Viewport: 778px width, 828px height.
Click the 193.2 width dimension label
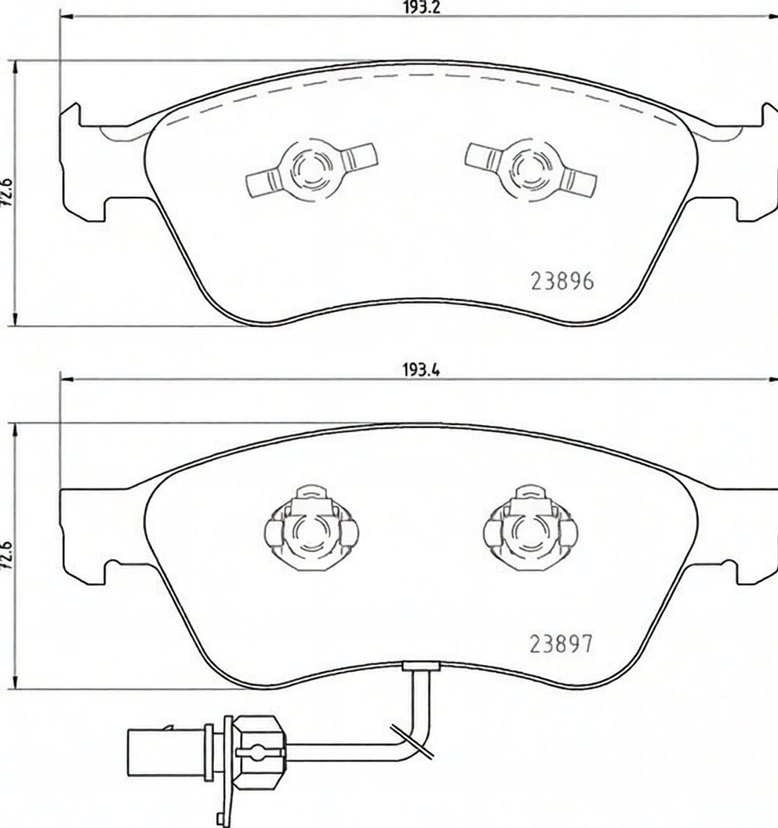421,7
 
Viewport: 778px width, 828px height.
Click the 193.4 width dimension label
421,369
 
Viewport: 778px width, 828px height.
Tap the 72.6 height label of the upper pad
7,193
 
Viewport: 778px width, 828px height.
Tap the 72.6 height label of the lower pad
7,554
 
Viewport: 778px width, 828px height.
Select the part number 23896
562,281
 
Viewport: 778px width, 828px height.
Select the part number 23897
562,644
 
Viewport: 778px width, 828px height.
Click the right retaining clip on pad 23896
530,169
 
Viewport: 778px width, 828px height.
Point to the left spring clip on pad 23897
310,528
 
